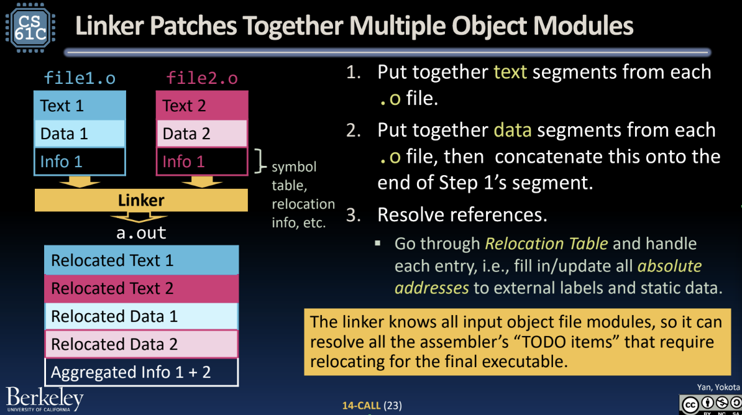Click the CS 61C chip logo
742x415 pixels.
pyautogui.click(x=30, y=27)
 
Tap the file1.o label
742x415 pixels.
pyautogui.click(x=80, y=78)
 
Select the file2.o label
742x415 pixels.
pyautogui.click(x=202, y=78)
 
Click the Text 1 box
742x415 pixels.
pyautogui.click(x=80, y=106)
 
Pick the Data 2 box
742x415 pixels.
pyautogui.click(x=202, y=134)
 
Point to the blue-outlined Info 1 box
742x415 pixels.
pyautogui.click(x=80, y=162)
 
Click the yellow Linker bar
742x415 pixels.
pyautogui.click(x=141, y=200)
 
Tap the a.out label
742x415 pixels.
pyautogui.click(x=141, y=233)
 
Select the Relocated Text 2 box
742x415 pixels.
pyautogui.click(x=141, y=288)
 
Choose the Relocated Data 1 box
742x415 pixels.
pyautogui.click(x=141, y=316)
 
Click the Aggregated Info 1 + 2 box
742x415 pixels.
pyautogui.click(x=141, y=372)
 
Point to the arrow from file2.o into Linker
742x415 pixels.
pyautogui.click(x=202, y=181)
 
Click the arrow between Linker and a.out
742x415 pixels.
pyautogui.click(x=139, y=217)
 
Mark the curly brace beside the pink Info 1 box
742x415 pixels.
pyautogui.click(x=260, y=162)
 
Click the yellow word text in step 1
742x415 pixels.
pyautogui.click(x=510, y=72)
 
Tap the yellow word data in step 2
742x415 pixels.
pyautogui.click(x=513, y=130)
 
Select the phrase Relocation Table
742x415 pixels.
pyautogui.click(x=547, y=244)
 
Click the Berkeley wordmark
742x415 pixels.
pyautogui.click(x=45, y=399)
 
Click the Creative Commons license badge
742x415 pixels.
pyautogui.click(x=710, y=404)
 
